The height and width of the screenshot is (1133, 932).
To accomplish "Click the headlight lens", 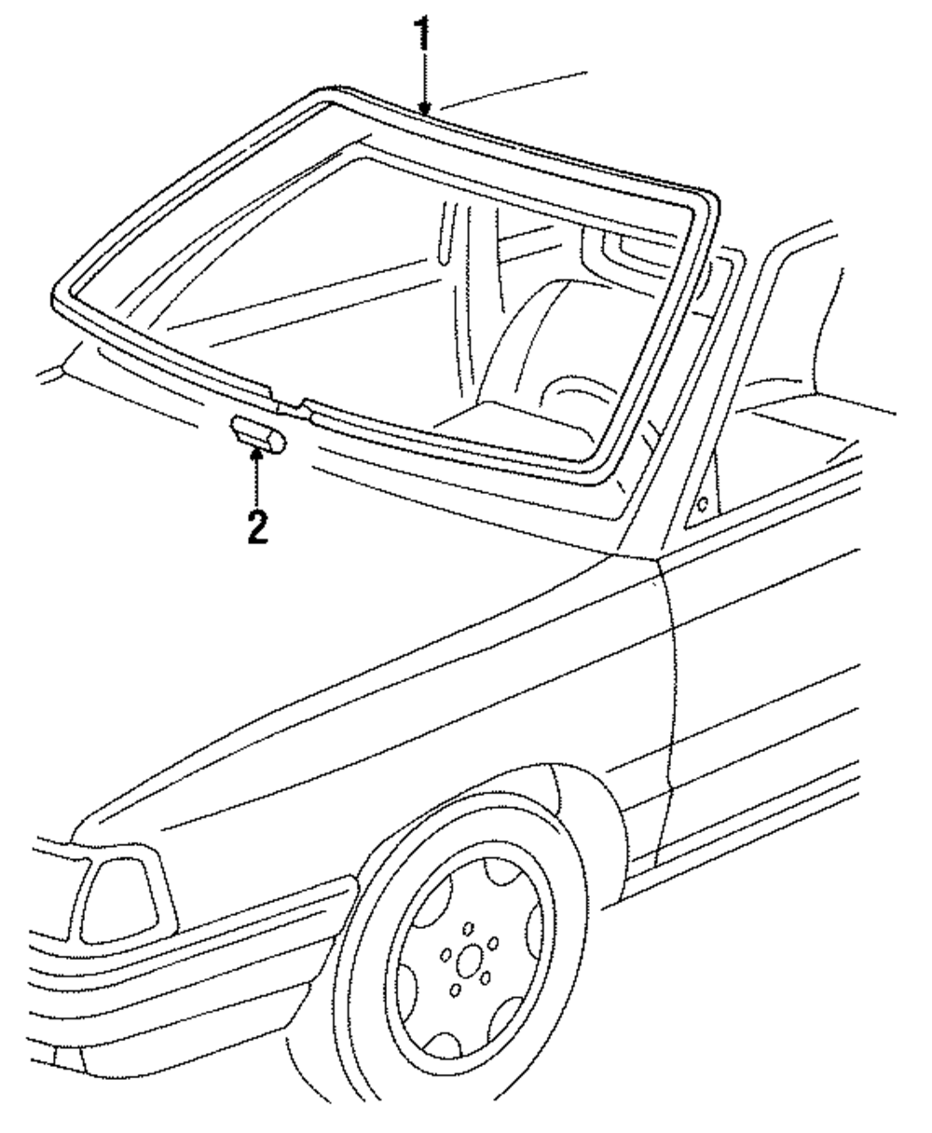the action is (x=118, y=899).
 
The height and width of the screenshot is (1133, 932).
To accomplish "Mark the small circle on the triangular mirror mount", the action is (x=702, y=504).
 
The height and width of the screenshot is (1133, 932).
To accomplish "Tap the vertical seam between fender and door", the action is (x=667, y=708).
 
